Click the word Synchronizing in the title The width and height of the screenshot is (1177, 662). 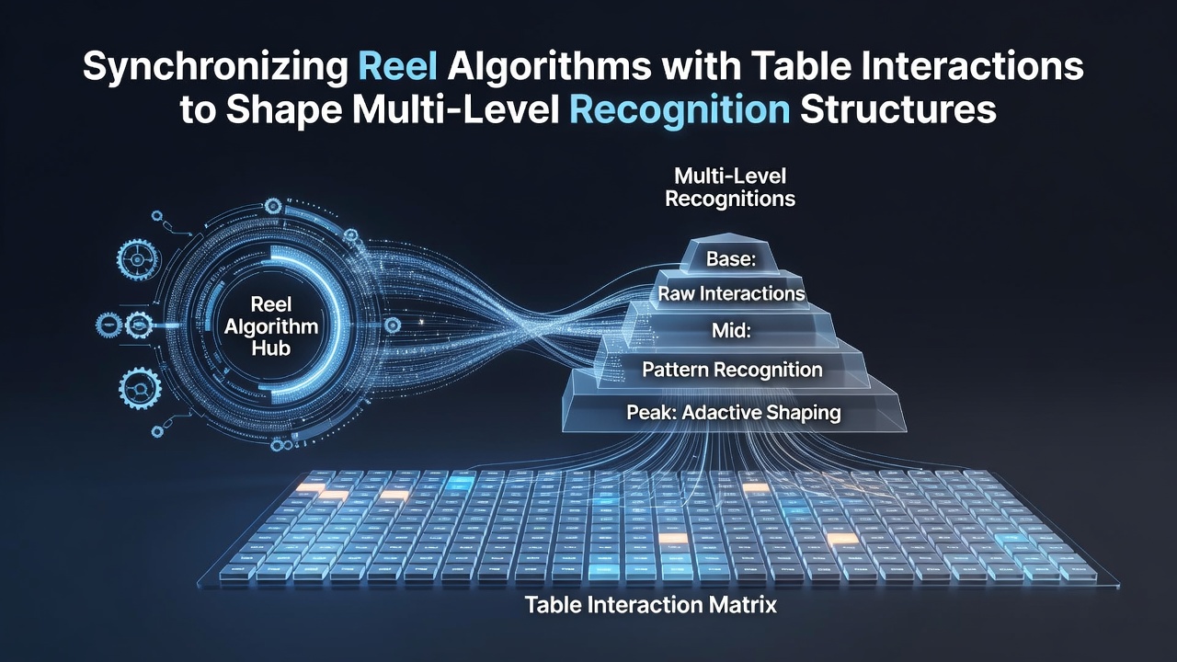[x=215, y=67]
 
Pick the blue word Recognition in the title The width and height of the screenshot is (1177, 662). [x=680, y=111]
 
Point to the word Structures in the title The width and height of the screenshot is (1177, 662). [x=898, y=109]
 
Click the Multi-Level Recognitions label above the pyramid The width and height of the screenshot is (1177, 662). [x=730, y=188]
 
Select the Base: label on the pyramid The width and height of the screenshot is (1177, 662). [x=731, y=259]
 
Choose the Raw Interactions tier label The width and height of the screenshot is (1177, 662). [x=731, y=293]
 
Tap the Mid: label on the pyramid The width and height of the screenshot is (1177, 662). [x=731, y=331]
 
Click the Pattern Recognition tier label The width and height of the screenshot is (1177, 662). [x=733, y=370]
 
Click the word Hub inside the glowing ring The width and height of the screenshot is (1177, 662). [x=271, y=348]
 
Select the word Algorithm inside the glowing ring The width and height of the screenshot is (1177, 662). [x=271, y=326]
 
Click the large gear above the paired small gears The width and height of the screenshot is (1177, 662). [x=138, y=260]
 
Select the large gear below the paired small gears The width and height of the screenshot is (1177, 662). [x=141, y=389]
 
